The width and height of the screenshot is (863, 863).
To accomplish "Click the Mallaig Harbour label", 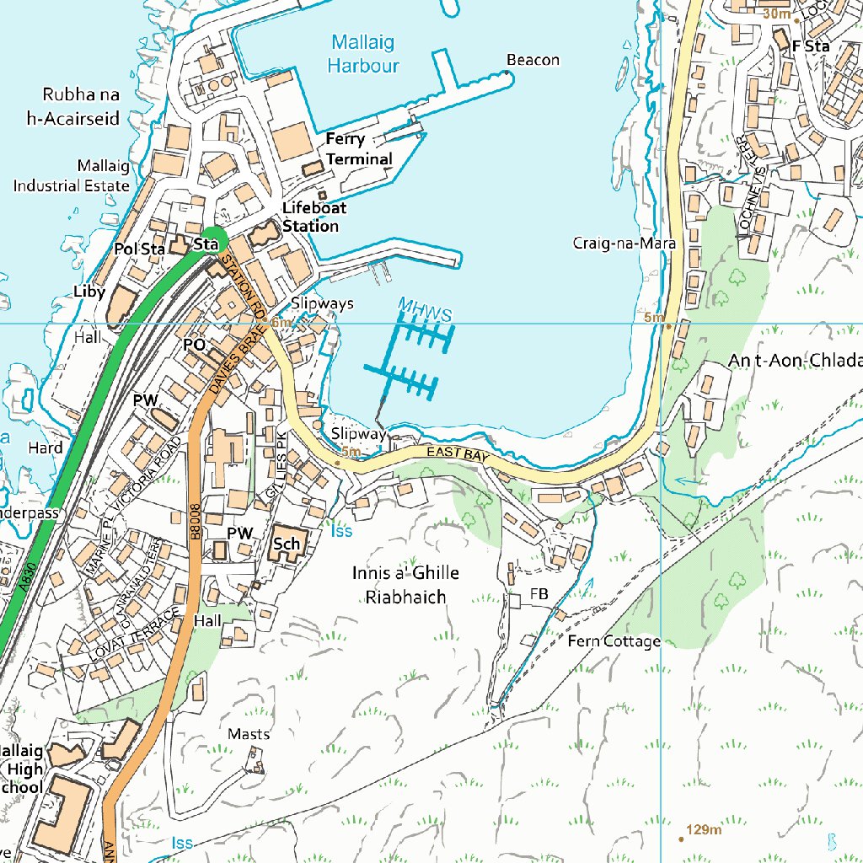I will [363, 53].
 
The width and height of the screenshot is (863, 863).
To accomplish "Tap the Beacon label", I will [533, 60].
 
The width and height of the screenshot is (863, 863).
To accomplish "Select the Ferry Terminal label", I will [359, 149].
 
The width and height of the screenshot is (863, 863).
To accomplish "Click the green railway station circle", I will [213, 240].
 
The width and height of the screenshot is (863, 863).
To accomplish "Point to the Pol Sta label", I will [139, 249].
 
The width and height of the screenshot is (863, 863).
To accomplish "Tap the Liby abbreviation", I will [90, 292].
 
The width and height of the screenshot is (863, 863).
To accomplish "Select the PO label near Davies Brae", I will [194, 345].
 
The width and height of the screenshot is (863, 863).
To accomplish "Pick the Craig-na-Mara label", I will [624, 244].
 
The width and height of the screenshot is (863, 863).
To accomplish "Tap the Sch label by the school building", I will [287, 544].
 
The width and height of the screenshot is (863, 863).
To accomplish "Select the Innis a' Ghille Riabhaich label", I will [405, 585].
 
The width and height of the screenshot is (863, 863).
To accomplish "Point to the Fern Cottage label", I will [614, 641].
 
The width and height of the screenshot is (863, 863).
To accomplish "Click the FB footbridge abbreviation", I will [539, 594].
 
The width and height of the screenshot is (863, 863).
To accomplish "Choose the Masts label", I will [249, 734].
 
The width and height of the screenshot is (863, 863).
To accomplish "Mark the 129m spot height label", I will [705, 830].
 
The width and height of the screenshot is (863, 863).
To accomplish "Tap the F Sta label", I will [810, 46].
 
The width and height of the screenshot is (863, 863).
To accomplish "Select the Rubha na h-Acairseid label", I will [73, 105].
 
